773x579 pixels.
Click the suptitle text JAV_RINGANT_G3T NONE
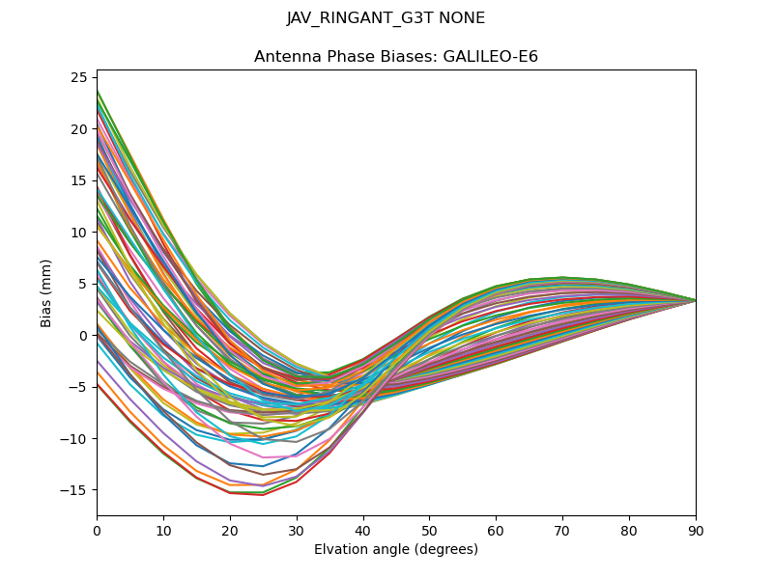click(386, 18)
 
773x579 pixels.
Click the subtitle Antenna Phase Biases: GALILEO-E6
click(396, 57)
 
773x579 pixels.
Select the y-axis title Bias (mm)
click(46, 292)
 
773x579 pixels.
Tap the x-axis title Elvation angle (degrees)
click(396, 550)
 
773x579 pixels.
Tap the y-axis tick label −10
click(76, 439)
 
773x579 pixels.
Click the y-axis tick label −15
click(76, 490)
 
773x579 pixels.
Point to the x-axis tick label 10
click(163, 530)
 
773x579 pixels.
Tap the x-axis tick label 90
click(695, 530)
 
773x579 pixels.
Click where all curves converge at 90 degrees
click(695, 300)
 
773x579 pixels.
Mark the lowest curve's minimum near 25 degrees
click(263, 495)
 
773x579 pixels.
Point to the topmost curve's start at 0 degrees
click(98, 91)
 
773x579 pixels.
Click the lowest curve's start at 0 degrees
click(98, 384)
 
